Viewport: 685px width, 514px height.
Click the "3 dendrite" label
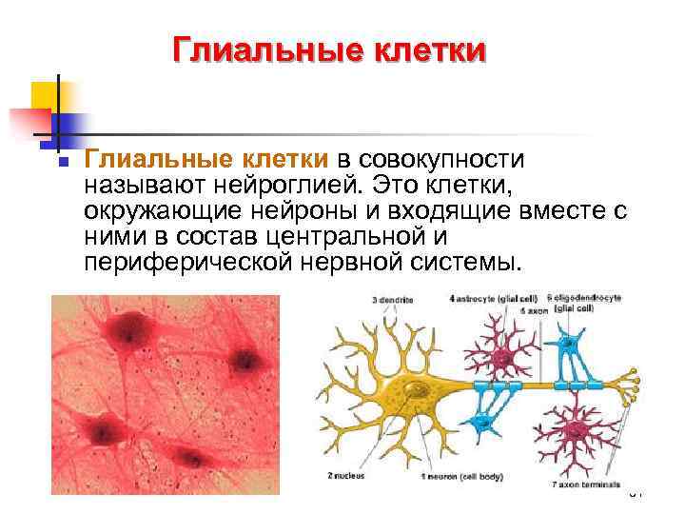[394, 300]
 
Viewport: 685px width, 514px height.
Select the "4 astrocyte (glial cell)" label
[491, 299]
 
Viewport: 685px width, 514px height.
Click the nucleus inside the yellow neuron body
[416, 390]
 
